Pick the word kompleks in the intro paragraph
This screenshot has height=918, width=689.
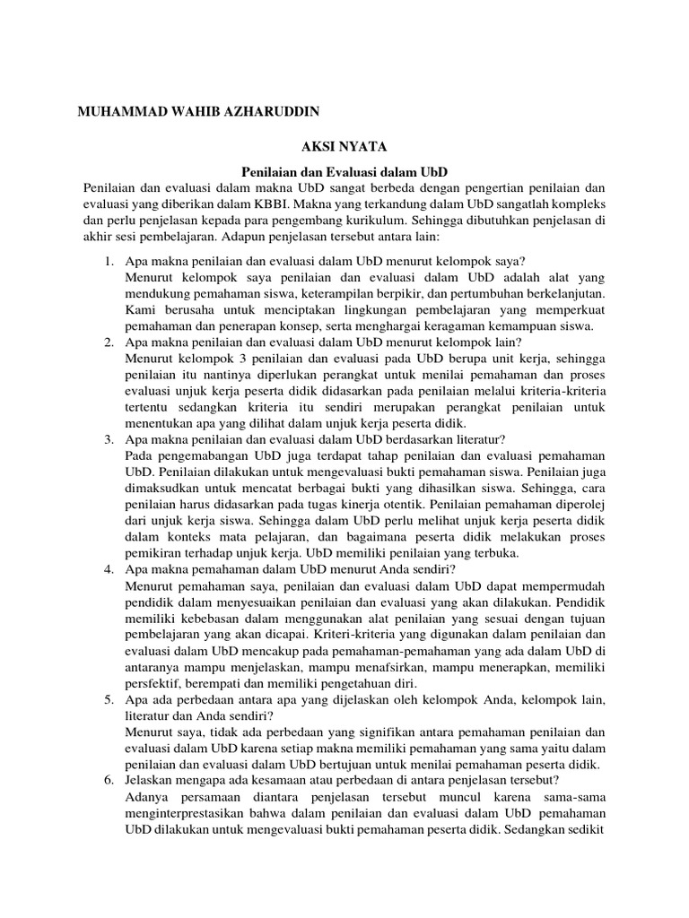[x=578, y=204]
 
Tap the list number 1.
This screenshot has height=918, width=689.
[x=108, y=260]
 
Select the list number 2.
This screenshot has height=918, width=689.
[x=108, y=342]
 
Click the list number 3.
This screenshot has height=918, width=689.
[x=108, y=439]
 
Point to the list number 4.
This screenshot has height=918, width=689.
[x=108, y=569]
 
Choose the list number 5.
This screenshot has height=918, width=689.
[x=108, y=699]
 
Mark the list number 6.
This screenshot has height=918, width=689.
[x=108, y=781]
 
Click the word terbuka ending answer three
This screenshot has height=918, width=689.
[x=495, y=553]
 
